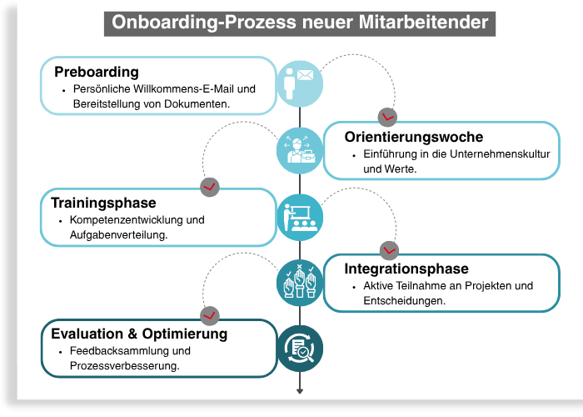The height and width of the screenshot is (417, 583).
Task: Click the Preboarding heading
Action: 96,72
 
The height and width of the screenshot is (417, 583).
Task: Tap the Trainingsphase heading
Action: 103,203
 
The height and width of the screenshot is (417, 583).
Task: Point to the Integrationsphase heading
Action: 406,269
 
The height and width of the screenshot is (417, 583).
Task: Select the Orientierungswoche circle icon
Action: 299,149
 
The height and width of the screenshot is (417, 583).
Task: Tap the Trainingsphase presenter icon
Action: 299,216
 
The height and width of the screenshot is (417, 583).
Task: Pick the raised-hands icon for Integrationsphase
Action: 299,281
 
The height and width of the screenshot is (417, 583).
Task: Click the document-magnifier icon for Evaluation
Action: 299,347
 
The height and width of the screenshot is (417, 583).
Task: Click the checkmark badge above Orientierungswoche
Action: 387,116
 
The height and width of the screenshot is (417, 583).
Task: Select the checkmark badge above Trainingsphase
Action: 210,185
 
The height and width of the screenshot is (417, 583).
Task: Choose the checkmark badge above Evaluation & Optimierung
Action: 210,314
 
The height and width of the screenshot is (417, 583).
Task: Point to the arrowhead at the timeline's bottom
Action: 300,389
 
